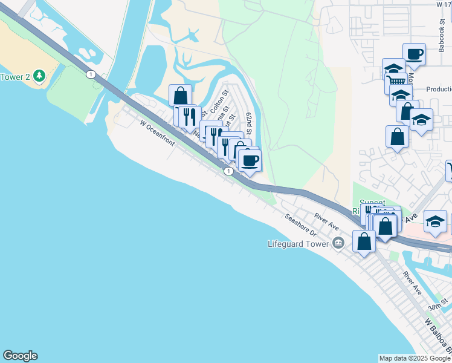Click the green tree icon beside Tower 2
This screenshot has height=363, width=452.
(x=39, y=76)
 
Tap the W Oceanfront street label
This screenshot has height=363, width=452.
(x=157, y=133)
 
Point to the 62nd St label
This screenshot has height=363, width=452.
(x=248, y=123)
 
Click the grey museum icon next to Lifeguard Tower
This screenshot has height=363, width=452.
(x=338, y=244)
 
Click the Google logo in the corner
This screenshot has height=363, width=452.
(x=20, y=356)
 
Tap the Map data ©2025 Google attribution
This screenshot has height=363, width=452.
(x=415, y=358)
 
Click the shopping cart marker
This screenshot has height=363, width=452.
(x=396, y=82)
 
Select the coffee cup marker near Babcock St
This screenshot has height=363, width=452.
(x=415, y=54)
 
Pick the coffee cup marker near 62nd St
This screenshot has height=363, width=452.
(x=250, y=160)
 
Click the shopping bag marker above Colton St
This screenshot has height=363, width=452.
(x=180, y=96)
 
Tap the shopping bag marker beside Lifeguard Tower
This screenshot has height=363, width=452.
(x=364, y=241)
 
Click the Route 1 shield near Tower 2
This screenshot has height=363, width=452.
(x=90, y=74)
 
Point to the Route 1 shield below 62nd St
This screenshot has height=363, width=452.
(x=228, y=172)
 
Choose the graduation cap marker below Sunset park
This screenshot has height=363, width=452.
(x=435, y=221)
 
